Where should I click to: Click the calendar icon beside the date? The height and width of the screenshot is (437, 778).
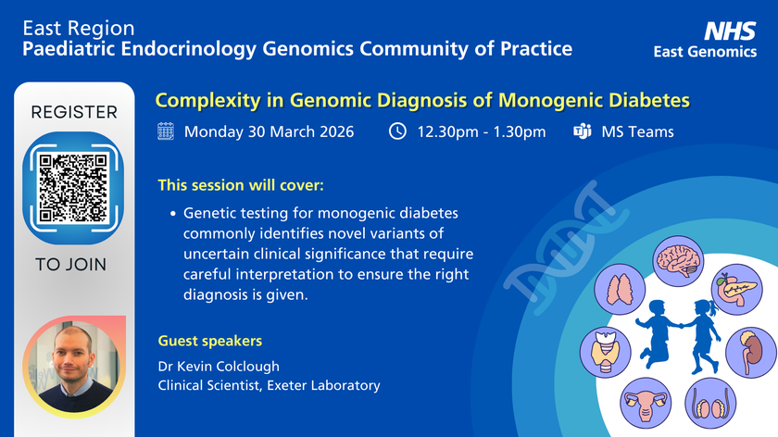tap(166, 131)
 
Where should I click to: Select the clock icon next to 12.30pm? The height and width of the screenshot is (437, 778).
tap(397, 131)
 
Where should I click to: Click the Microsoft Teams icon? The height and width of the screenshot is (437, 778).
tap(583, 131)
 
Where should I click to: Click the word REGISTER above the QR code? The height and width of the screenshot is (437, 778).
tap(74, 113)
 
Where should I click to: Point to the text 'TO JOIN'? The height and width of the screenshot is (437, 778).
tap(71, 265)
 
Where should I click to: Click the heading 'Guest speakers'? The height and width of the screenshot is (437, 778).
tap(210, 340)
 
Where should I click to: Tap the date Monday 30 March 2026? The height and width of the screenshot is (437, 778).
tap(269, 131)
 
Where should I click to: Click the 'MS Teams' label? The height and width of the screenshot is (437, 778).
tap(637, 131)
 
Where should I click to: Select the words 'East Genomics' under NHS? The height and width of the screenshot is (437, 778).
tap(706, 52)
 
